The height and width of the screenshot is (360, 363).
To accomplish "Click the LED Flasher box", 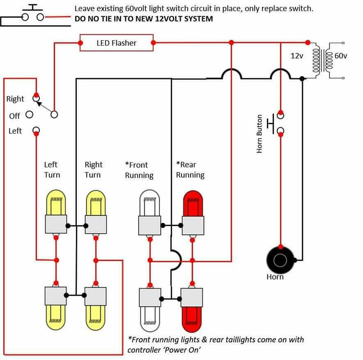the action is [x=117, y=43].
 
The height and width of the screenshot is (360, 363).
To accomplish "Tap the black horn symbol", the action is [x=280, y=260].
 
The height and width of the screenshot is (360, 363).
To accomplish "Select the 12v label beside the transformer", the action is [x=297, y=56].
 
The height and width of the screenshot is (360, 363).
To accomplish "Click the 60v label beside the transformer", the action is [x=341, y=56].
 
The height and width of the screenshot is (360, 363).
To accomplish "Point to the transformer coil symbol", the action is [x=323, y=60].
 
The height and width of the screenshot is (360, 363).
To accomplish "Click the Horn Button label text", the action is [x=259, y=134].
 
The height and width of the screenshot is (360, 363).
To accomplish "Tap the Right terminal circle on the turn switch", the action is [x=36, y=98].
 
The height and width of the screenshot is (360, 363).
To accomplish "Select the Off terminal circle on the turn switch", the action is [x=29, y=114].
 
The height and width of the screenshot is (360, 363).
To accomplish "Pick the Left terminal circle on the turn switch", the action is [x=36, y=130].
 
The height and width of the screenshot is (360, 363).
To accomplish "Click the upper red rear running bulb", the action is [x=193, y=203].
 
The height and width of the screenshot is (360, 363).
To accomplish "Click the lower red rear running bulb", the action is [x=192, y=320].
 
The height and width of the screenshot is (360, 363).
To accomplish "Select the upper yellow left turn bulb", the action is [x=56, y=203].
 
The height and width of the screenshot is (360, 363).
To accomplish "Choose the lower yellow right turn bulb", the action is [x=96, y=317].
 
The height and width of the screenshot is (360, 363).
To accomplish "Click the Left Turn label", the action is [x=52, y=169].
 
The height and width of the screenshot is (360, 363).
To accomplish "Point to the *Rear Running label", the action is [x=190, y=169].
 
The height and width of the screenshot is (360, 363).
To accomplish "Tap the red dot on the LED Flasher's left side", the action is [x=80, y=43].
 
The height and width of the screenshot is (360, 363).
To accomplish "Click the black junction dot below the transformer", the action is [x=302, y=79].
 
